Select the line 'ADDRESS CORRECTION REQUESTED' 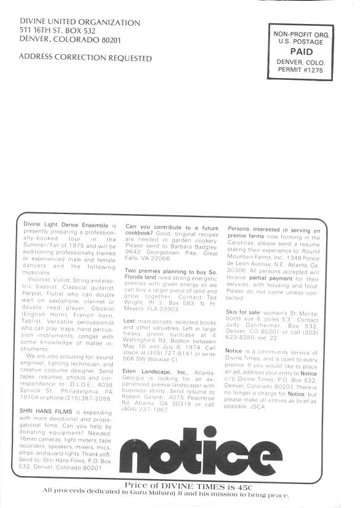coord(86,58)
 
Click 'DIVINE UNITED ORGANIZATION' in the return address coord(80,22)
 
